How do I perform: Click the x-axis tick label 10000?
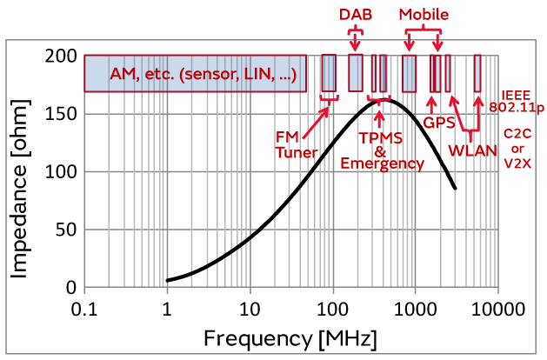pos(497,309)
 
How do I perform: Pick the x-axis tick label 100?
pos(332,309)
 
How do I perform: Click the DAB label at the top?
pos(354,15)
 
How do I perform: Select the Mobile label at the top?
pos(424,15)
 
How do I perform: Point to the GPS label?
pos(439,123)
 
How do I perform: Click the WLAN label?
pos(472,150)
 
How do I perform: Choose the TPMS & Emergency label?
pos(382,150)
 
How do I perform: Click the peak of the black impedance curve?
pos(387,100)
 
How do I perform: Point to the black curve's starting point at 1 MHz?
pos(167,280)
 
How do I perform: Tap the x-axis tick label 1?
pos(167,309)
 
